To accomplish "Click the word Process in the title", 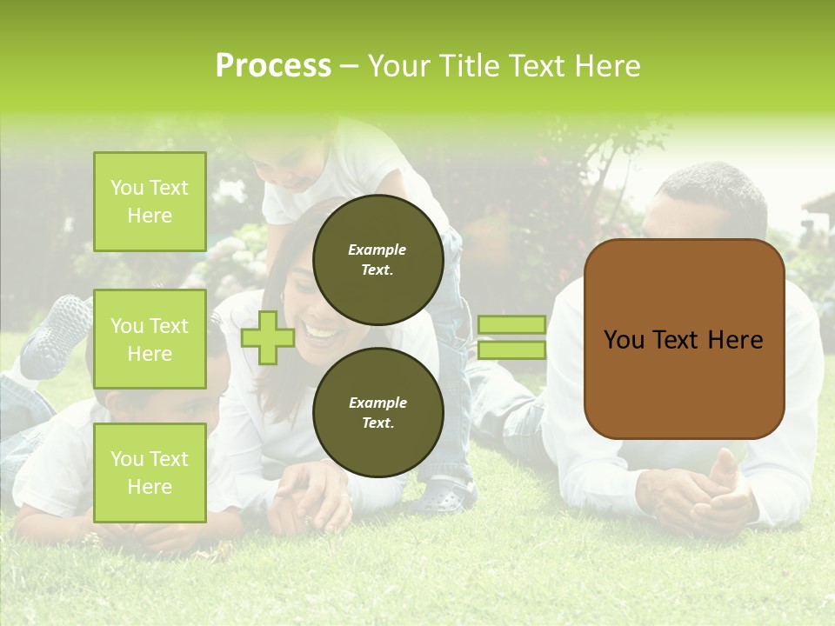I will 273,66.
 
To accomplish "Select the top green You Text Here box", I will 150,202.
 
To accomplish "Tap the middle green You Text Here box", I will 150,339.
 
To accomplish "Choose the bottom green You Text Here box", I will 150,472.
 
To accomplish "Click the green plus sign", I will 268,337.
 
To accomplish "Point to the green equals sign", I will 511,337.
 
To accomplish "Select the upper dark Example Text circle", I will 377,260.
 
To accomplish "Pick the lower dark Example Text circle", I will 377,413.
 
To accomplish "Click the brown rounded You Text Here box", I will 684,339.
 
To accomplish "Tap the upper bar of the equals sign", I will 511,325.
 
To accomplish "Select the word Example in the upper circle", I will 377,250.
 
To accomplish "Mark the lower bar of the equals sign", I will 511,350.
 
